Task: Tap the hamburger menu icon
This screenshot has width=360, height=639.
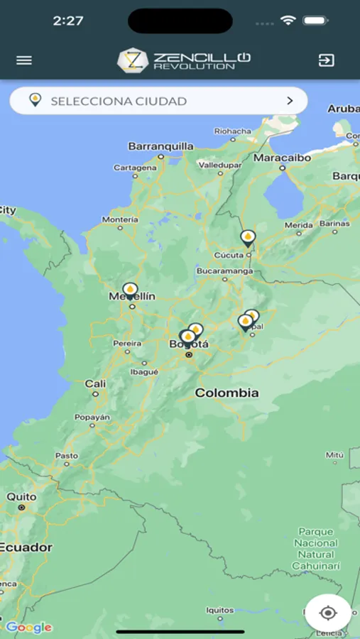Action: coord(24,60)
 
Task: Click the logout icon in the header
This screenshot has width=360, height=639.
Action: coord(326,60)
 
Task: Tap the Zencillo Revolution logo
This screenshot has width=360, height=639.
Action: coord(184,60)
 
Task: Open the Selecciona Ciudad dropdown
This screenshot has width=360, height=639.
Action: coord(158,101)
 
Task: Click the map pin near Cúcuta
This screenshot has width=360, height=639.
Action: coord(247,238)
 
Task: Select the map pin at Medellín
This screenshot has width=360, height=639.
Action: coord(130,290)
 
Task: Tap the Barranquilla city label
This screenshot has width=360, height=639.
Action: coord(160,146)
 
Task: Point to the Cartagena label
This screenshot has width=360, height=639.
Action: coord(135,168)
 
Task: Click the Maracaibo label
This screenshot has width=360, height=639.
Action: coord(283,157)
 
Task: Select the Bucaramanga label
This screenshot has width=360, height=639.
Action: coord(224,271)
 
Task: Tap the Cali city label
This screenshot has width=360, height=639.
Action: coord(95,383)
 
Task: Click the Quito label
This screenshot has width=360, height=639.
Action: coord(21,497)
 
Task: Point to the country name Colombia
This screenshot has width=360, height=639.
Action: coord(227,393)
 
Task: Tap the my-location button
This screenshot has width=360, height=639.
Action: coord(327,613)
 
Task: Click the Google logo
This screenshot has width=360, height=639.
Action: coord(28,627)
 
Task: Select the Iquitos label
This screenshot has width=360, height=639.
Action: coord(219,610)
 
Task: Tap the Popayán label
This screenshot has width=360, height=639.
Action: coord(92,417)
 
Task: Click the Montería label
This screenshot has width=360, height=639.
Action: coord(120,220)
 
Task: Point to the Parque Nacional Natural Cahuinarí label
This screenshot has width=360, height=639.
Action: coord(316,548)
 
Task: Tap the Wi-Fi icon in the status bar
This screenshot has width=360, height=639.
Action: coord(288,21)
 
